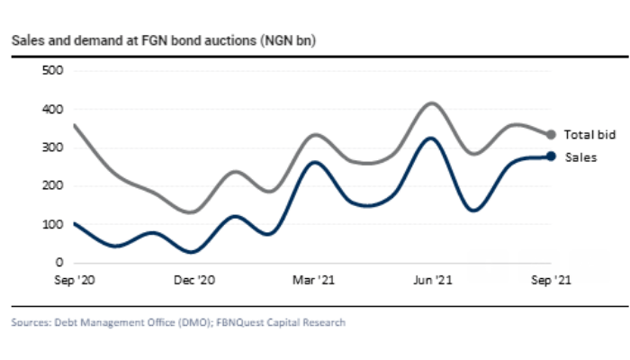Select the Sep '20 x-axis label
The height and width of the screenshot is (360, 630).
pos(75,280)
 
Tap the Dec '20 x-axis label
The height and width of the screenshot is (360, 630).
pos(193,280)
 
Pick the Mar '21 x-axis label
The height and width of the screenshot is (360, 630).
pos(312,280)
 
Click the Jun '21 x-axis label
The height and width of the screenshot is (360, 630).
pos(432,280)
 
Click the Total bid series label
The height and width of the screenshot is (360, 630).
pos(589,135)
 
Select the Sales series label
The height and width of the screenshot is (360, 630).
pos(580,157)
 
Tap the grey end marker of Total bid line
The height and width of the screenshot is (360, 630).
pos(552,135)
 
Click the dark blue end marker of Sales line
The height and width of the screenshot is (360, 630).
pos(552,157)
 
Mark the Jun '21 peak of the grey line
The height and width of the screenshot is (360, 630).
pos(433,103)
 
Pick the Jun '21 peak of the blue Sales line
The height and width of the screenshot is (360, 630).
pos(433,139)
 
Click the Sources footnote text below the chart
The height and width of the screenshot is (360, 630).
pos(178,322)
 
